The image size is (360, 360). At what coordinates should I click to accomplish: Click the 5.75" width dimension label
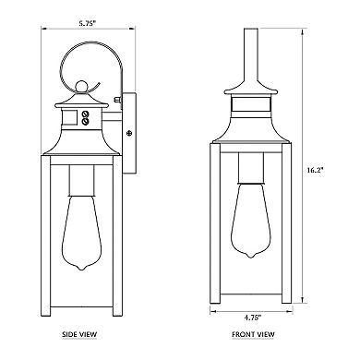point(88,23)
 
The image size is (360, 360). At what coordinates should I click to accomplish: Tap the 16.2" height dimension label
point(316,170)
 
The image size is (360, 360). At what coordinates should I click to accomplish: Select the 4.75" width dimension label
point(253,318)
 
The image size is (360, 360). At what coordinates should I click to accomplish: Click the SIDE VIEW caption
point(79,334)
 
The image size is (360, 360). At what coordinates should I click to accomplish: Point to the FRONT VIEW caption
point(253,334)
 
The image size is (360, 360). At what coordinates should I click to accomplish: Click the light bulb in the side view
point(81,233)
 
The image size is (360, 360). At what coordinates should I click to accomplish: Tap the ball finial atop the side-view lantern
point(81,87)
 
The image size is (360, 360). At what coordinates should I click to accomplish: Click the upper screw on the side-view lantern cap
point(85,114)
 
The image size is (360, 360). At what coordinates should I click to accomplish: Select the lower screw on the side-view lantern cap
point(85,121)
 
